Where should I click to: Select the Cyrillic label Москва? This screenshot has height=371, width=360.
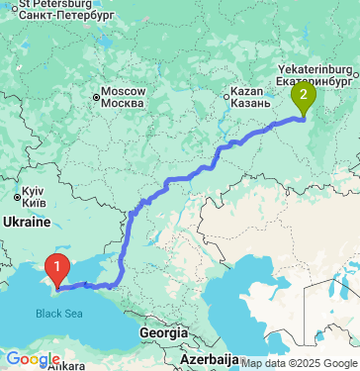tap(125, 103)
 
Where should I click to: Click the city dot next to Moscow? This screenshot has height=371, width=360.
tap(97, 97)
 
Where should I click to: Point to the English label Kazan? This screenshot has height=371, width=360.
tap(245, 91)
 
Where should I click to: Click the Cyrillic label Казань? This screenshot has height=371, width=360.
tap(249, 103)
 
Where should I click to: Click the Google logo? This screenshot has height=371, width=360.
tap(33, 359)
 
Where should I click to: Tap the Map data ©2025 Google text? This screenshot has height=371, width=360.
tap(299, 363)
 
